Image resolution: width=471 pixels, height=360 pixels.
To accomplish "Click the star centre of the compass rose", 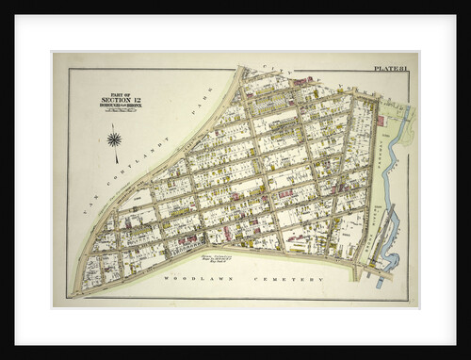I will click(x=114, y=140).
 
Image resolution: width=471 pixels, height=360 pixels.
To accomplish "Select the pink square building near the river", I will click(x=381, y=121).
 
